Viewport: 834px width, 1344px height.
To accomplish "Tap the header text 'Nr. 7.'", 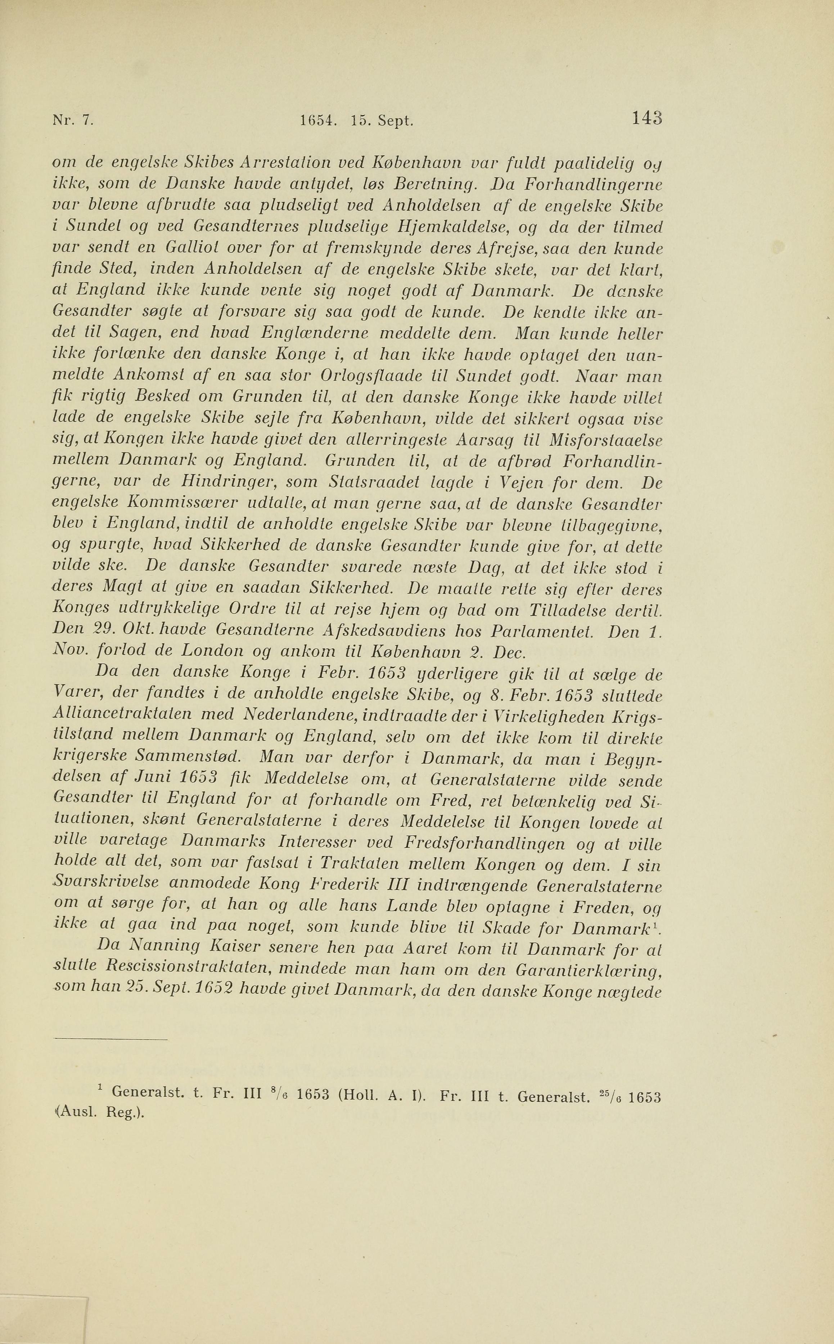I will click(73, 120).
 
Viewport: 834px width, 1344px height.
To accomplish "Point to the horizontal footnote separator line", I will click(111, 1040).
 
